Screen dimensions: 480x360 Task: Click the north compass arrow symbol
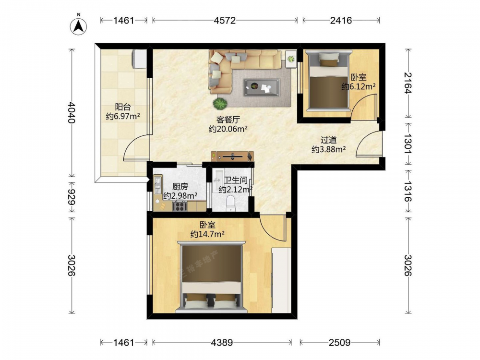click(x=78, y=26)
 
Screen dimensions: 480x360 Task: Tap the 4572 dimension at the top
click(x=225, y=21)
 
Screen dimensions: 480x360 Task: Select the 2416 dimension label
click(x=341, y=21)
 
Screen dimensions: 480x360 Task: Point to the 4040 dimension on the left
click(x=72, y=112)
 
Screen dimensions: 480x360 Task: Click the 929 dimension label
click(x=72, y=197)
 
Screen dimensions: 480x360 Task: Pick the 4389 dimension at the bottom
click(x=222, y=342)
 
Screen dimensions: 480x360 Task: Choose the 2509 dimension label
click(x=340, y=342)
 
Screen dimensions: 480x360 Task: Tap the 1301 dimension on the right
click(x=407, y=143)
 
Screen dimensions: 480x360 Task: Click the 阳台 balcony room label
click(x=123, y=107)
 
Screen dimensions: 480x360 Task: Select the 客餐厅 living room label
click(x=228, y=120)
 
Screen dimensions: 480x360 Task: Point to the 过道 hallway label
click(x=328, y=140)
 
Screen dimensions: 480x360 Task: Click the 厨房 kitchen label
click(x=180, y=186)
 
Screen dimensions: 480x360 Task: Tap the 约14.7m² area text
click(x=207, y=235)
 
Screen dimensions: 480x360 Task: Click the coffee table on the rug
click(x=262, y=87)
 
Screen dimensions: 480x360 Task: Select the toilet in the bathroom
click(x=230, y=204)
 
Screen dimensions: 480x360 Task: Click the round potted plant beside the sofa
click(x=220, y=104)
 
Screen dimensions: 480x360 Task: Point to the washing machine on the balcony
click(x=139, y=59)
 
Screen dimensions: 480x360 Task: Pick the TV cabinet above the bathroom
click(x=233, y=156)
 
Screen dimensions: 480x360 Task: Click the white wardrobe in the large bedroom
click(x=281, y=280)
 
